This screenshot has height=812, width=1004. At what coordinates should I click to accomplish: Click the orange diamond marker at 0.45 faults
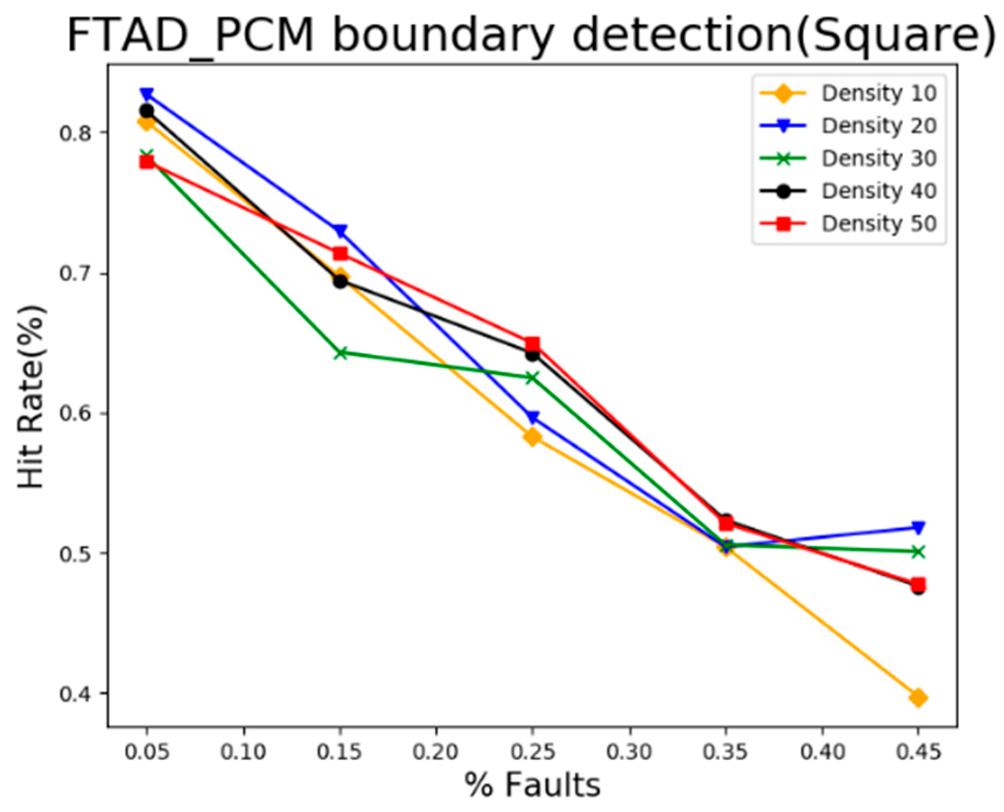click(x=917, y=697)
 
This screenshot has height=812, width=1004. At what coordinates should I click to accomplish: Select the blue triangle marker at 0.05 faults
click(x=147, y=94)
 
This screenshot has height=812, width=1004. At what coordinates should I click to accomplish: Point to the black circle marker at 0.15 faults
click(x=341, y=281)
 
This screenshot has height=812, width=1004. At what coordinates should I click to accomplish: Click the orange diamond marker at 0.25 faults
click(x=532, y=437)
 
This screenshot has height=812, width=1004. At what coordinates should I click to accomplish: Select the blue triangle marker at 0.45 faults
click(x=917, y=527)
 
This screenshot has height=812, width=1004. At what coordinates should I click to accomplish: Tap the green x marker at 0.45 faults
click(x=917, y=552)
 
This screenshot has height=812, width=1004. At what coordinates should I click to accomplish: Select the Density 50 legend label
click(x=879, y=224)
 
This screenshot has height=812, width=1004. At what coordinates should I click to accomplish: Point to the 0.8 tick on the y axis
click(x=74, y=132)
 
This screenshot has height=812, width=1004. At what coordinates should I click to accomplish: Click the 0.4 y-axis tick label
click(x=74, y=694)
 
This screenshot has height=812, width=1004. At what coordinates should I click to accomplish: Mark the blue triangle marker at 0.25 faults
click(x=532, y=417)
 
